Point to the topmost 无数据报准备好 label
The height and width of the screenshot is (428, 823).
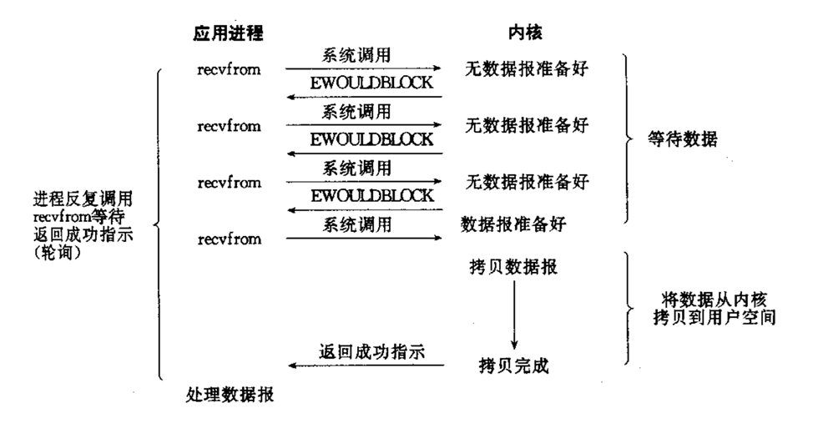[527, 69]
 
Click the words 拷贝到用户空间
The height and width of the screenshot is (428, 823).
[705, 317]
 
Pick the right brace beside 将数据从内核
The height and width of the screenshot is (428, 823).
[629, 309]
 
